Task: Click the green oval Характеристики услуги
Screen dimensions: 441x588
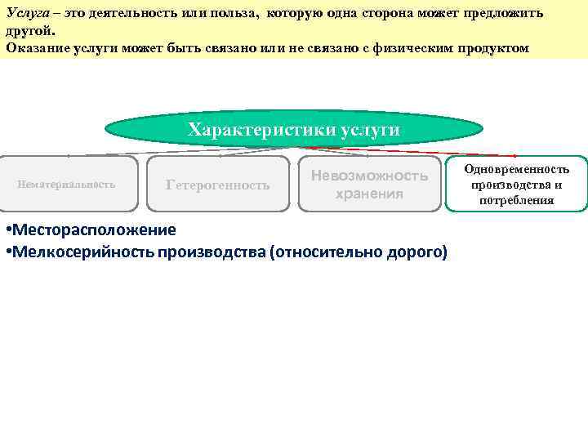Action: click(294, 129)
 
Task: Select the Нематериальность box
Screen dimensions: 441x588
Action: click(67, 184)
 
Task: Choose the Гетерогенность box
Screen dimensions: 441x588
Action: click(217, 185)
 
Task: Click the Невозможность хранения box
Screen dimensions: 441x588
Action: click(369, 185)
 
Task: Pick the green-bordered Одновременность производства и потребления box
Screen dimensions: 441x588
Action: click(517, 184)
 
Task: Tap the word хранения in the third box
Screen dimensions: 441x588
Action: click(369, 194)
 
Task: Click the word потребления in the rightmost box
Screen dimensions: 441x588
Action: click(517, 199)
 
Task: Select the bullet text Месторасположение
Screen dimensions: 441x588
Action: click(94, 229)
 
